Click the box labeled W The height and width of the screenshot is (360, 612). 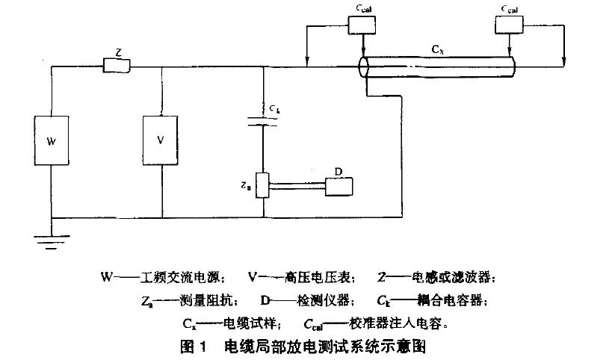pyautogui.click(x=52, y=140)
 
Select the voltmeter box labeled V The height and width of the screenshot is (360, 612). pyautogui.click(x=162, y=140)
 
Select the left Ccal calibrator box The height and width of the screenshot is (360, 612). pyautogui.click(x=363, y=25)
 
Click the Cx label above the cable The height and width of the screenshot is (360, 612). pyautogui.click(x=435, y=50)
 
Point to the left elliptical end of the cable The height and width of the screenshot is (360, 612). pyautogui.click(x=364, y=67)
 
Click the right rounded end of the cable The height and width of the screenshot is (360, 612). pyautogui.click(x=514, y=66)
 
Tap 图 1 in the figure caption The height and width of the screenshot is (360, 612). pyautogui.click(x=192, y=346)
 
